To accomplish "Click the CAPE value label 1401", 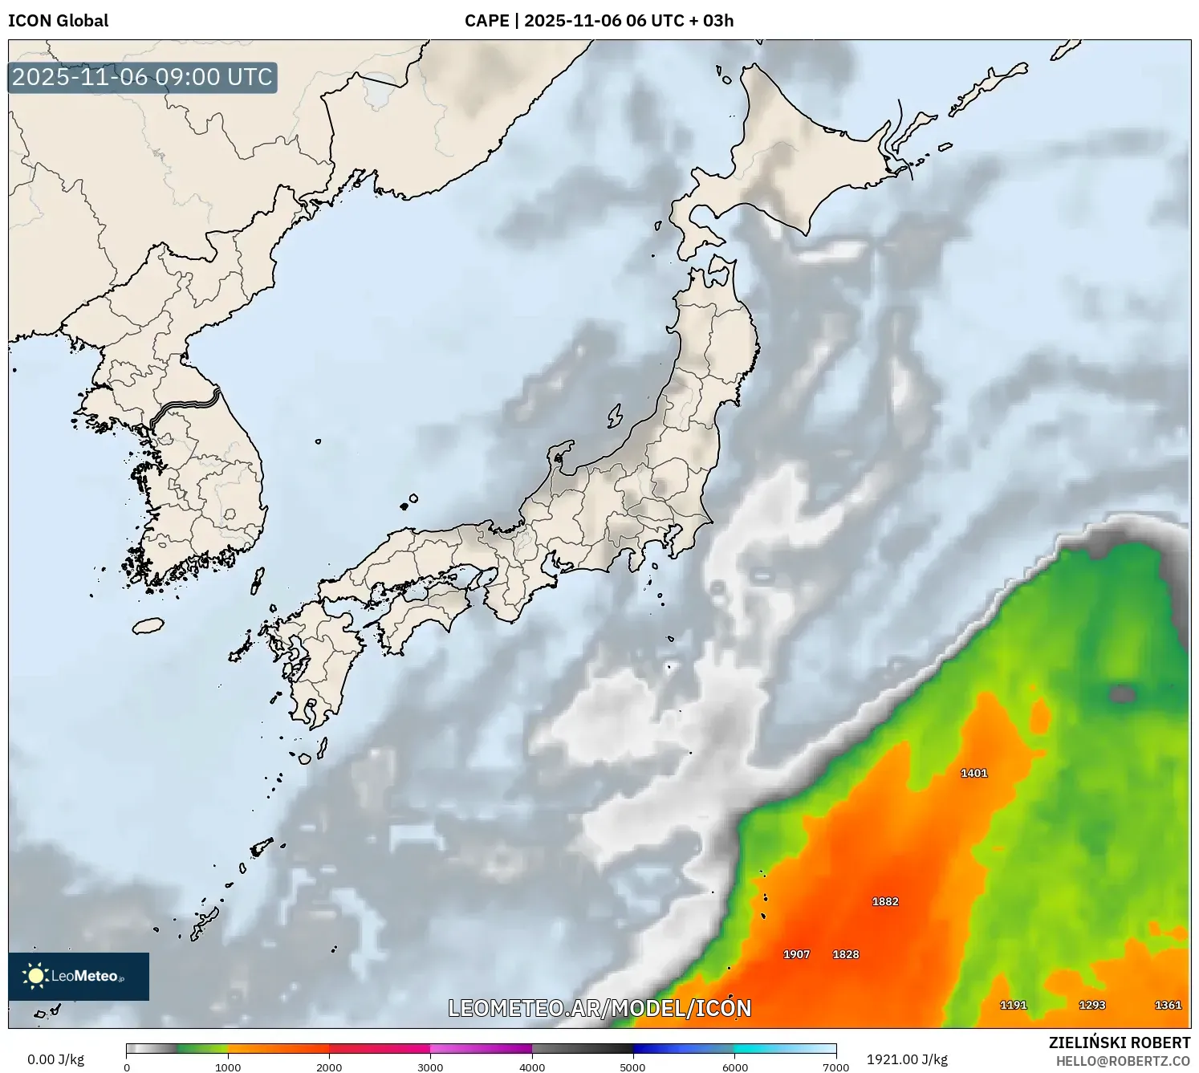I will pos(973,773).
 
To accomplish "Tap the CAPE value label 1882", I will pos(885,901).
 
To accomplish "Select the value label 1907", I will pos(796,954).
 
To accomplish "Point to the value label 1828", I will pos(846,954).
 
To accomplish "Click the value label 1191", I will pos(1013,1005).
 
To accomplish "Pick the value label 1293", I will pos(1091,1005).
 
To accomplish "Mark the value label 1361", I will pos(1168,1005).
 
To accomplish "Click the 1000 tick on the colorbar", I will pos(228,1067).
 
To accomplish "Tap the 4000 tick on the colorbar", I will pos(532,1067).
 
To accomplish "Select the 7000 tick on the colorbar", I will pos(835,1067).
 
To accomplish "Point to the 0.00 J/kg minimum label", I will pos(55,1059).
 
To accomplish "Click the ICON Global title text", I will pos(58,21).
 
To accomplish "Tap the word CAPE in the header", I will pos(486,21).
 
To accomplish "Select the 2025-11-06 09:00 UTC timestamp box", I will pos(143,77).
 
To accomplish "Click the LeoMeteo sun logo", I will pos(35,976).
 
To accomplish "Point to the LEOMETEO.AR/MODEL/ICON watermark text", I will pos(599,1008).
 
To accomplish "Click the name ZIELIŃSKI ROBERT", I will pos(1120,1043).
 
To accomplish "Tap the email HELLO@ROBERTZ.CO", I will pos(1123,1061).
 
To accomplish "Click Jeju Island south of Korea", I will pos(148,625).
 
